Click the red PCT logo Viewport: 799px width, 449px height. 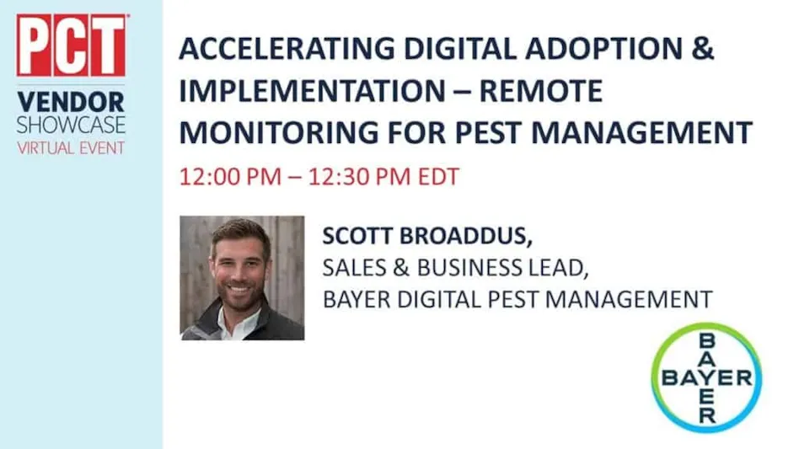(x=71, y=45)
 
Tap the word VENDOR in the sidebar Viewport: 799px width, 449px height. (x=71, y=102)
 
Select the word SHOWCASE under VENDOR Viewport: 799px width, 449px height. (x=71, y=126)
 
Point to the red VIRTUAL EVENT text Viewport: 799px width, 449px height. (x=71, y=148)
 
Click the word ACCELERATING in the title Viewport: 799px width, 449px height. (x=287, y=49)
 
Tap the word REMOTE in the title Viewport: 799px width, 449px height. (x=540, y=91)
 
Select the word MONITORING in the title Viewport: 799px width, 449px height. (x=279, y=132)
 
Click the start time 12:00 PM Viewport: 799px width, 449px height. (x=230, y=177)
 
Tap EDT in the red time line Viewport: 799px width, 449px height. (x=439, y=177)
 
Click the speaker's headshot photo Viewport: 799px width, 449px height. (x=242, y=278)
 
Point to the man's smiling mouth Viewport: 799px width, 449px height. (x=239, y=290)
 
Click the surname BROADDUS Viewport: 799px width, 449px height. (x=466, y=236)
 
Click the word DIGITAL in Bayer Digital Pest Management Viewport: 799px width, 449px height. (x=439, y=299)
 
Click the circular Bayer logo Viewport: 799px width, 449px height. (x=707, y=377)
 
